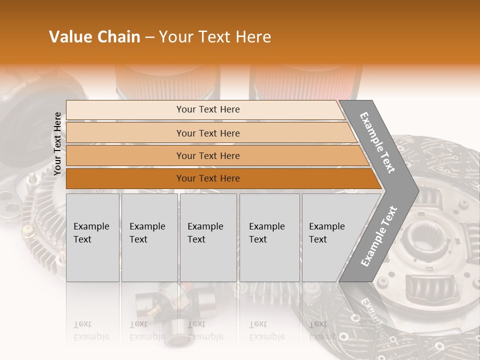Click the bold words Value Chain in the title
pos(94,37)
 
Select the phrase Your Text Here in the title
pos(215,37)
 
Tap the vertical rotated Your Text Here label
pos(57,143)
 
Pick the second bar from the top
pos(207,133)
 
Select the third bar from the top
pos(207,156)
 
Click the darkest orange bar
pos(207,178)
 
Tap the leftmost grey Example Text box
pos(92,237)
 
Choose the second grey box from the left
pos(149,237)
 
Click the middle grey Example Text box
pos(208,237)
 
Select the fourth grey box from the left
pos(269,237)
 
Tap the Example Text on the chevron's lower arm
pos(379,236)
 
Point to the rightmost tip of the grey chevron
pos(417,190)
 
